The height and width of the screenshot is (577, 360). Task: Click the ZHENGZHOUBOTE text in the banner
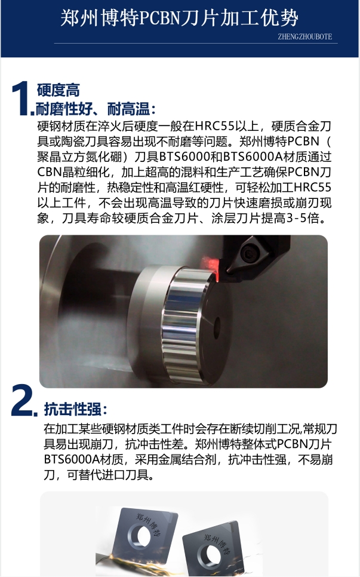coord(305,36)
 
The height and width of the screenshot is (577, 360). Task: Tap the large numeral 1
coord(21,98)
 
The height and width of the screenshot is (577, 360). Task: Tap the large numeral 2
coord(23,400)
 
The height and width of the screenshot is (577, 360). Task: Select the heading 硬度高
coord(58,90)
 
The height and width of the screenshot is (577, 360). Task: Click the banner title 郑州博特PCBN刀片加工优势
coord(179,18)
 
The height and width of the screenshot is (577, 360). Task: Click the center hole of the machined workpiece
coord(217,326)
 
